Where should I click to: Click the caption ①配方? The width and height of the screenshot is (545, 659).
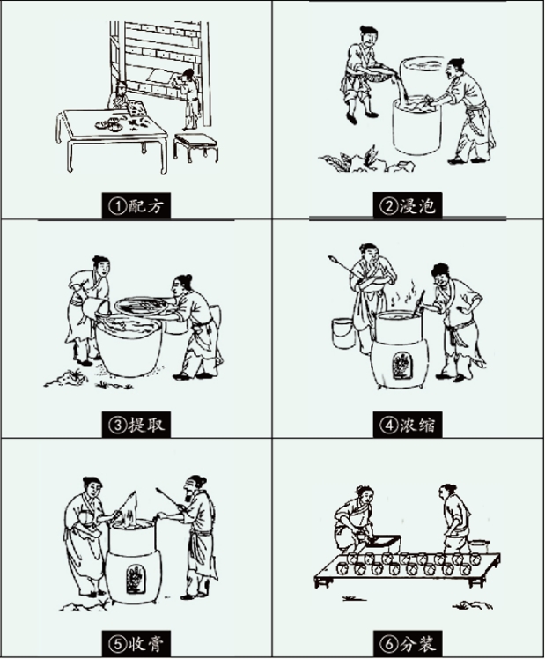tap(136, 206)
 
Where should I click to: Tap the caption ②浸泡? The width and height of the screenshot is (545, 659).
tap(408, 206)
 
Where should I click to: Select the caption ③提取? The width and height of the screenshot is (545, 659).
tap(136, 426)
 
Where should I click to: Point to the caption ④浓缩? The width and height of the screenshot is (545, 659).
tap(408, 426)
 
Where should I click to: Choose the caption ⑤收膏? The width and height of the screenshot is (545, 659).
tap(136, 643)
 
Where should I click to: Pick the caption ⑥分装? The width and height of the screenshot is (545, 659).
tap(408, 643)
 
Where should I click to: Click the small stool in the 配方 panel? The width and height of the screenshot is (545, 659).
tap(196, 147)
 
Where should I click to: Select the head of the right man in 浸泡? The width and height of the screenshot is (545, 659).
tap(456, 68)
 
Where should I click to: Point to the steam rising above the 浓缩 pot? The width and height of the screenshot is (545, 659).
tap(404, 293)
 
